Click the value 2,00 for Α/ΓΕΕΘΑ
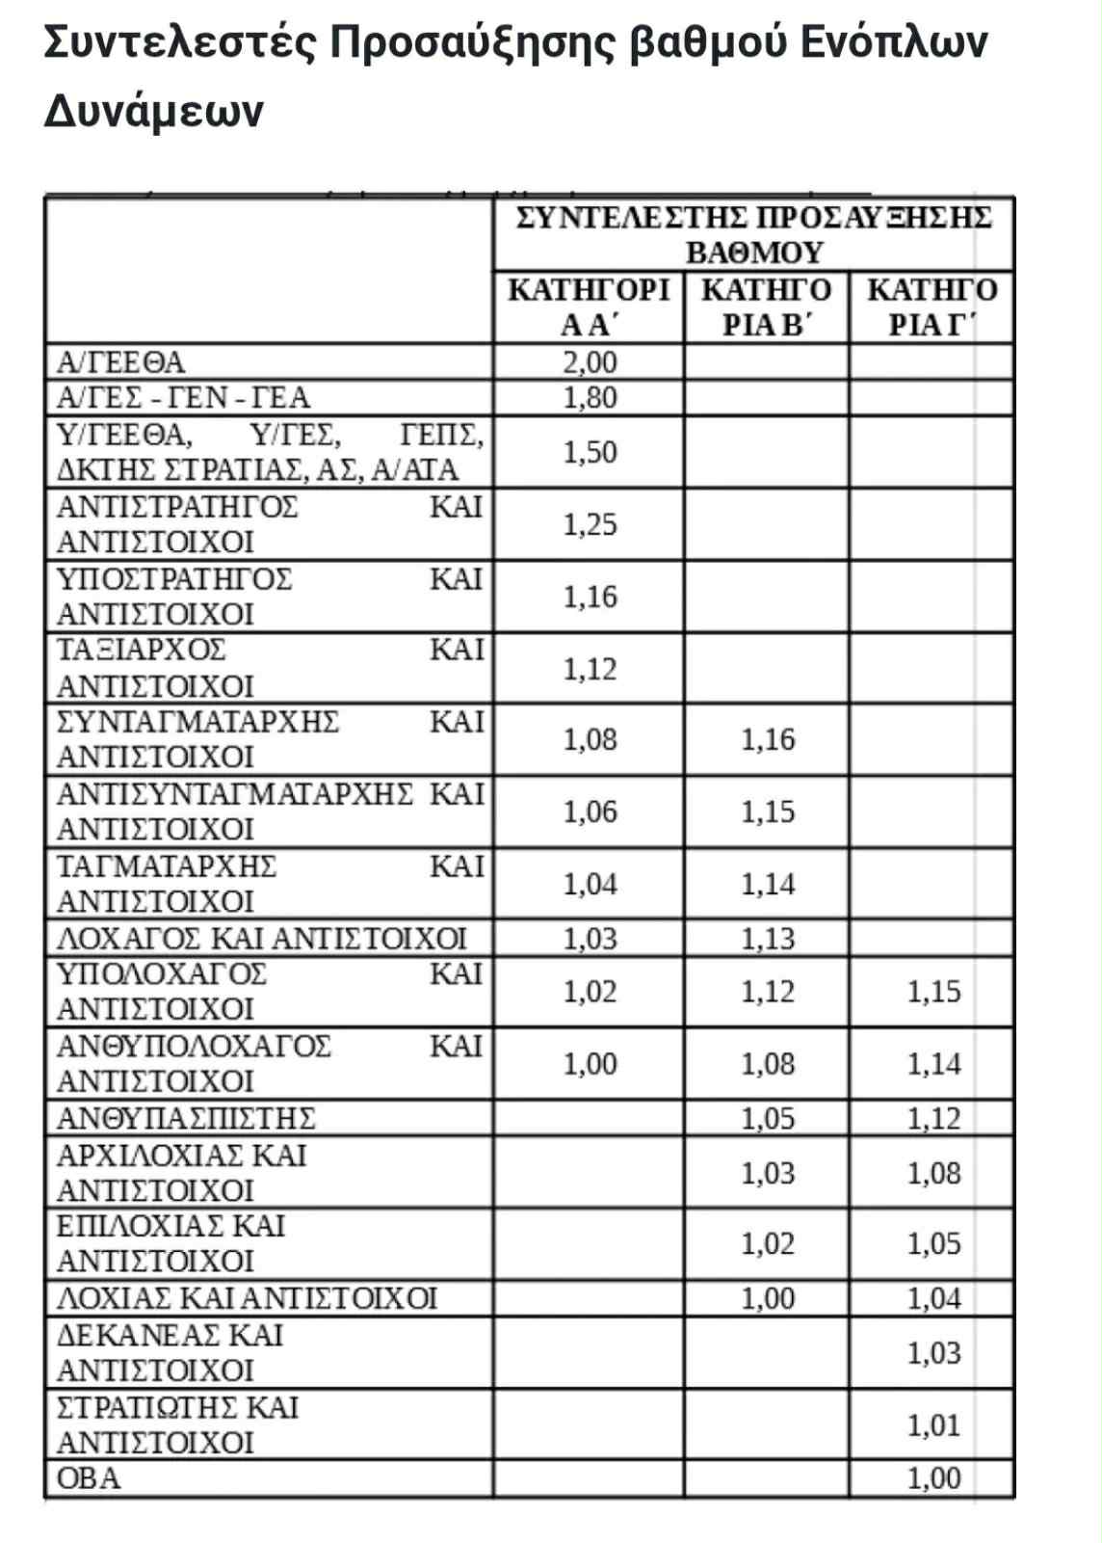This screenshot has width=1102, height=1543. [590, 362]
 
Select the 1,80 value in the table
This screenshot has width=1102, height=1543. [590, 398]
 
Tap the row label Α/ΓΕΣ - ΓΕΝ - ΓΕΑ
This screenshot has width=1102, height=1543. [183, 398]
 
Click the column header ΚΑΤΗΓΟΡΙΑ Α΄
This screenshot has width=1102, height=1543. [589, 307]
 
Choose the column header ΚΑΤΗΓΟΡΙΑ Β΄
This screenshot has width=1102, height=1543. [766, 307]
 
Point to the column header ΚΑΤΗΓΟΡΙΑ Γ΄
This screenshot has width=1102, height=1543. [931, 307]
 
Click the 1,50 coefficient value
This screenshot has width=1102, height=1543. [590, 452]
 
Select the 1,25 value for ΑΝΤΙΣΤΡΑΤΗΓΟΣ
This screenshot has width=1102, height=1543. [590, 524]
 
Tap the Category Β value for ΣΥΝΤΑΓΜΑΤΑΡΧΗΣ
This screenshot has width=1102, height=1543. [768, 740]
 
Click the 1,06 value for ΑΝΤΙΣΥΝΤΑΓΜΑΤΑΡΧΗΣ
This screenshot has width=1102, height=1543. [590, 812]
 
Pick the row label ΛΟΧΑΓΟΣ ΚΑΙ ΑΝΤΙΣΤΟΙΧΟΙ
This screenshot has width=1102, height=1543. [261, 939]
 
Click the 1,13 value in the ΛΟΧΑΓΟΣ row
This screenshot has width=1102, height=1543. [768, 939]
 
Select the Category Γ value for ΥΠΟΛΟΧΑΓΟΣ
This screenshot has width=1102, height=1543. [933, 992]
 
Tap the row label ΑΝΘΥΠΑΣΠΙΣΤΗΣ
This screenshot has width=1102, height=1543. [186, 1119]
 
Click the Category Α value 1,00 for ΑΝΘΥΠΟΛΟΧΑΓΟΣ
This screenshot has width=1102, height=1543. [590, 1064]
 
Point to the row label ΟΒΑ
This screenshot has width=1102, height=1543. [89, 1478]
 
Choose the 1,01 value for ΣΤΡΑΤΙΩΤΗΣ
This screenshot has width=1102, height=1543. [933, 1425]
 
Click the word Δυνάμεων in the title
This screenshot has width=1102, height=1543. [153, 112]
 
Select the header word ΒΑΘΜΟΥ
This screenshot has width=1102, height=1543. [754, 253]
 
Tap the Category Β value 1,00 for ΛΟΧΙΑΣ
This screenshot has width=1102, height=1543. [768, 1299]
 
